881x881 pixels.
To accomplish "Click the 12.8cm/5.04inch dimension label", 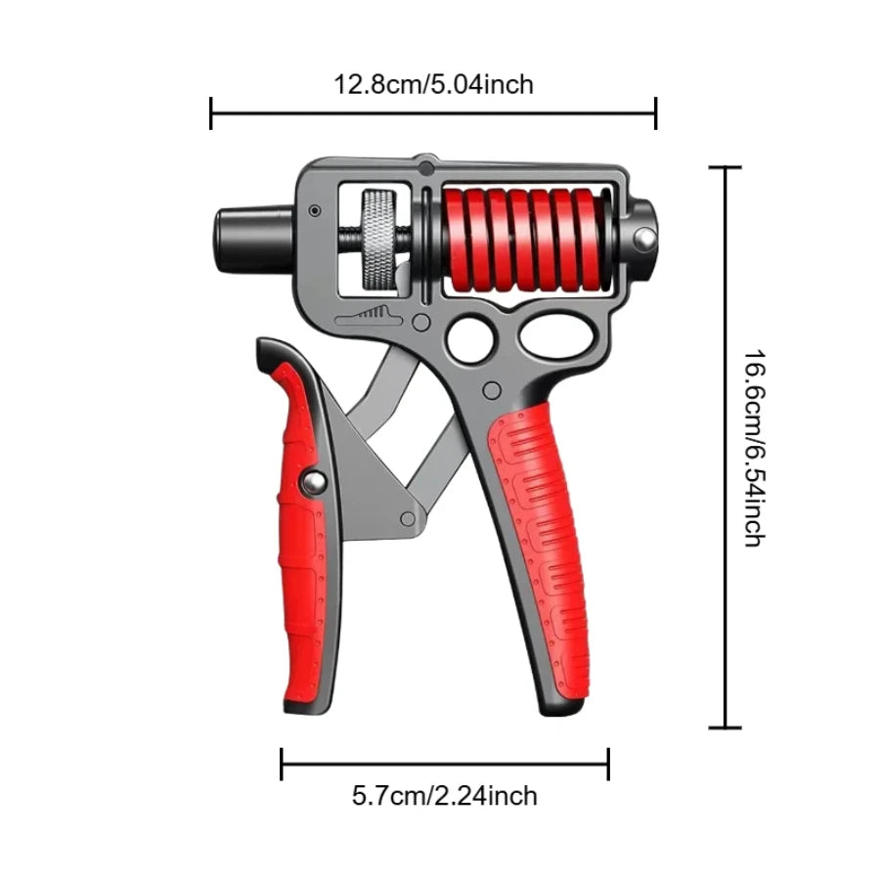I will coord(434,84).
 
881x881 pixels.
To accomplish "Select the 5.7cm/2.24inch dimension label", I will coord(445,796).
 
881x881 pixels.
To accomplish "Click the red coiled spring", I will coord(524,239).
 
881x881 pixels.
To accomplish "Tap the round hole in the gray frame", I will coord(468,337).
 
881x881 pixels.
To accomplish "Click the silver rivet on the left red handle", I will coord(313,481).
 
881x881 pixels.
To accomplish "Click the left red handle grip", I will coord(299,538).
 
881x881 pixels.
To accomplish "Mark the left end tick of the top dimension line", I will coord(211,113).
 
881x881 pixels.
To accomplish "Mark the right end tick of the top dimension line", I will coord(655,113).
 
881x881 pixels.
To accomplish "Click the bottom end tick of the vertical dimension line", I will coord(725,727).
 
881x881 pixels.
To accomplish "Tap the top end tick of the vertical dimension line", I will coord(725,168).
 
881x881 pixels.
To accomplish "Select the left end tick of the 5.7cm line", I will coord(282,764).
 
